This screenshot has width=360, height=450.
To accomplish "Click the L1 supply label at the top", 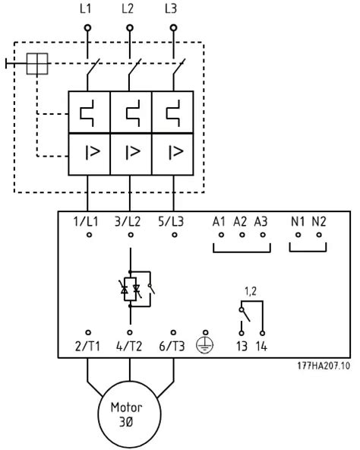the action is [85, 8].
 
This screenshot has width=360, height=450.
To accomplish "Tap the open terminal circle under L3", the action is [173, 28].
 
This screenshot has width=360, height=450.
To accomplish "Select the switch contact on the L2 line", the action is [134, 68].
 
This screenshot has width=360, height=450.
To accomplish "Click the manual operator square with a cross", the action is [37, 64].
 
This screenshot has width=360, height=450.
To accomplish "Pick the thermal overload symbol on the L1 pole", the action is [87, 113].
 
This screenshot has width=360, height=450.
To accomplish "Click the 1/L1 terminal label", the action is [86, 221].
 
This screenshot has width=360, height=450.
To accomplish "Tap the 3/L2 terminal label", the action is [128, 221].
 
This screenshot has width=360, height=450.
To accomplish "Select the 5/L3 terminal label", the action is [171, 221].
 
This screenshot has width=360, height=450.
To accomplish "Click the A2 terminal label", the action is [240, 221].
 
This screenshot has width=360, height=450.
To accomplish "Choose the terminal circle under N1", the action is [298, 235].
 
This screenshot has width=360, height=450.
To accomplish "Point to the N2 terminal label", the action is [319, 221].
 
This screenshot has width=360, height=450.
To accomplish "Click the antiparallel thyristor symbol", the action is [130, 289].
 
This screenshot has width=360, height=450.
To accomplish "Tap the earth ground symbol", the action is [205, 345].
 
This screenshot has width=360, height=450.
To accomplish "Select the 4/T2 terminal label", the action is [129, 347].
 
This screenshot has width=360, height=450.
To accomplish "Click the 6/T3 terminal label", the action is [172, 347].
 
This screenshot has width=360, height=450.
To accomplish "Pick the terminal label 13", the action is [242, 347].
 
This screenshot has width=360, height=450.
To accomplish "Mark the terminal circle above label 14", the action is [262, 333].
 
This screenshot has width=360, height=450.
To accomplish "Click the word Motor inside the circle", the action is [127, 407].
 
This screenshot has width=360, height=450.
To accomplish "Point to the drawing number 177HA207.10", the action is [324, 366].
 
